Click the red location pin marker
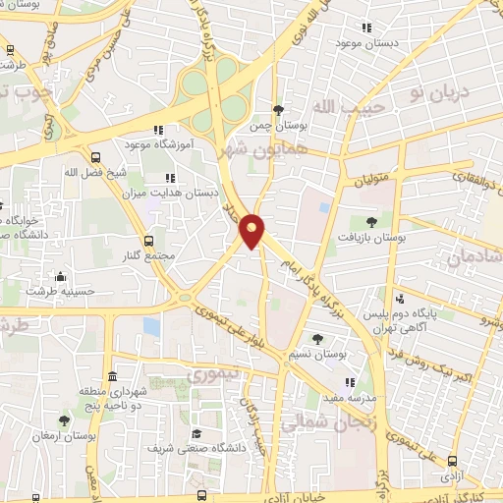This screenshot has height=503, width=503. (x=252, y=230)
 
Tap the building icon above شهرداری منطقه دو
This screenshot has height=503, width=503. (x=113, y=377)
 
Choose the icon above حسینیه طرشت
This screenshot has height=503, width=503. (x=62, y=276)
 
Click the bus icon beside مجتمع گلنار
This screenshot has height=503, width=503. (x=148, y=241)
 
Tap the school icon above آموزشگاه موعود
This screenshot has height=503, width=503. (x=157, y=130)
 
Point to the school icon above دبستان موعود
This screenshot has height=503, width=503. (x=366, y=28)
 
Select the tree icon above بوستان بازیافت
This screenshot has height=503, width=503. (x=370, y=222)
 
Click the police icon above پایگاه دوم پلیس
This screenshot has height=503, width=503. (x=400, y=299)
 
